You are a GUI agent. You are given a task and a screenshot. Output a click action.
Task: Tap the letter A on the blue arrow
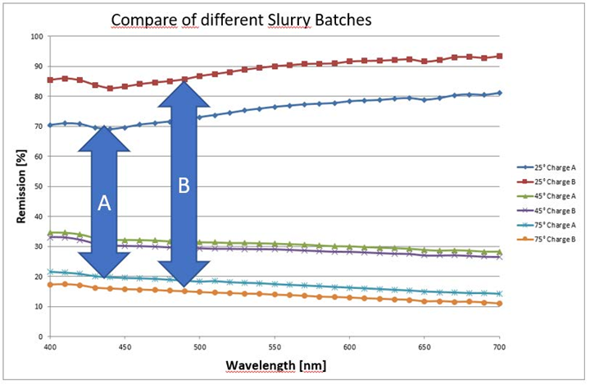(104, 205)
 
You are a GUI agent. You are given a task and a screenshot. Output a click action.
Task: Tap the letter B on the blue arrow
(184, 187)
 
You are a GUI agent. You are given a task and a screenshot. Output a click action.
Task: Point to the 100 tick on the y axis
(36, 37)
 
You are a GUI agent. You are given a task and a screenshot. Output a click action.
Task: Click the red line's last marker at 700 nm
(499, 57)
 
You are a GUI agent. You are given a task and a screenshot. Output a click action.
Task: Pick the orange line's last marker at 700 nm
(499, 304)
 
